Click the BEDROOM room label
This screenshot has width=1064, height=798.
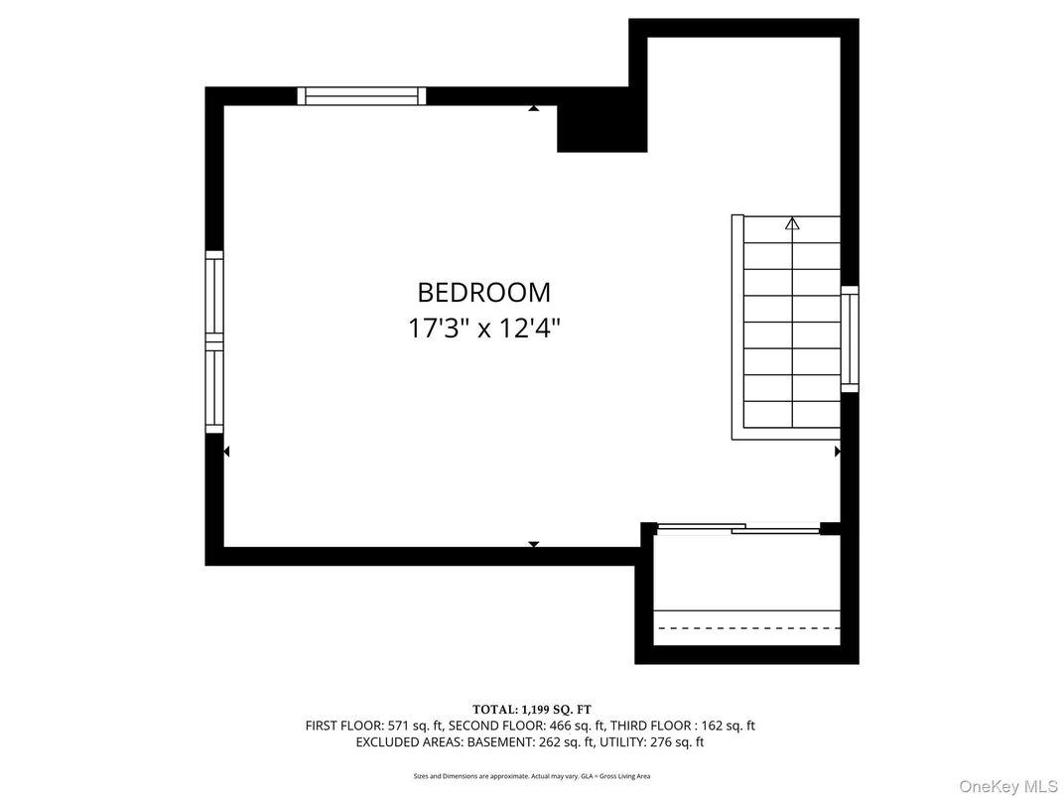[x=483, y=293]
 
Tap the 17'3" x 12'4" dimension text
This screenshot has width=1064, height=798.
[x=483, y=329]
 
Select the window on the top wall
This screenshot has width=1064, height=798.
[x=361, y=96]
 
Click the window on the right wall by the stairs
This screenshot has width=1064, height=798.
[x=850, y=338]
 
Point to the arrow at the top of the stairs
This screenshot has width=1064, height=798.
[x=792, y=224]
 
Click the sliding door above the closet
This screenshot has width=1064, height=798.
[x=738, y=529]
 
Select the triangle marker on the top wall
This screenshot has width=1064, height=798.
[x=534, y=107]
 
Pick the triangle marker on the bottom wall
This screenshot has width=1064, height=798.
[x=534, y=544]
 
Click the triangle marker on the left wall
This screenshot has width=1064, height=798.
[x=226, y=452]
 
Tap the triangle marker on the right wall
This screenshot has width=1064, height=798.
[x=838, y=452]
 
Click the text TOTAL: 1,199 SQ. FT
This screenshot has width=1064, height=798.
[x=532, y=709]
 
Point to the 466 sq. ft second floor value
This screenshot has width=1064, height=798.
[x=564, y=726]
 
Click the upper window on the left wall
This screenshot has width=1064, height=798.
[x=214, y=295]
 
